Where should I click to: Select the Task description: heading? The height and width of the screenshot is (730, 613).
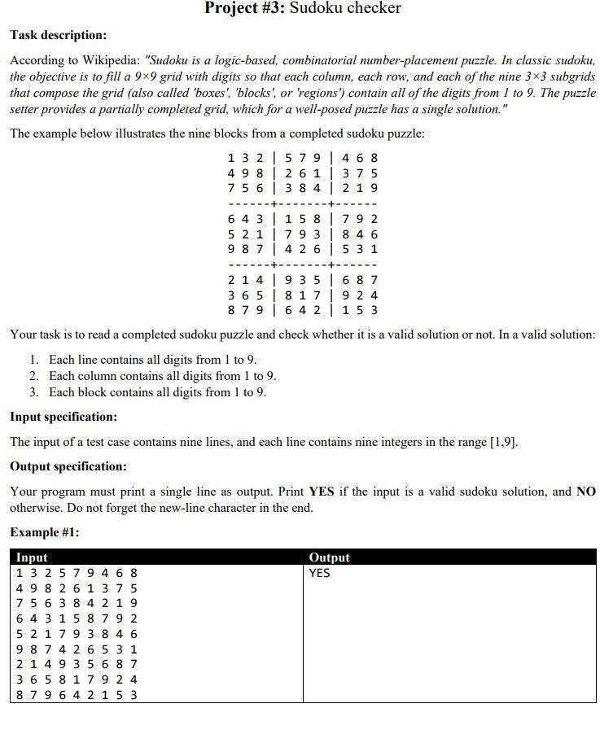point(58,35)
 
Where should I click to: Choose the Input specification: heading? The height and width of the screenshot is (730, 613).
point(63,417)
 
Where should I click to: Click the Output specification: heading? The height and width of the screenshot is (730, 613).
point(68,466)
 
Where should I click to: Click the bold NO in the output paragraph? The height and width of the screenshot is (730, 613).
point(586,492)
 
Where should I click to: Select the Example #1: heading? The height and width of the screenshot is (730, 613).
point(45,532)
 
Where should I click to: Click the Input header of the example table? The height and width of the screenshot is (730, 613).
point(32,557)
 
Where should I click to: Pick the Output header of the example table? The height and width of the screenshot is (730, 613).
point(329,557)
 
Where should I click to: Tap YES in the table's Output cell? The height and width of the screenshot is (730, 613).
point(319,573)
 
